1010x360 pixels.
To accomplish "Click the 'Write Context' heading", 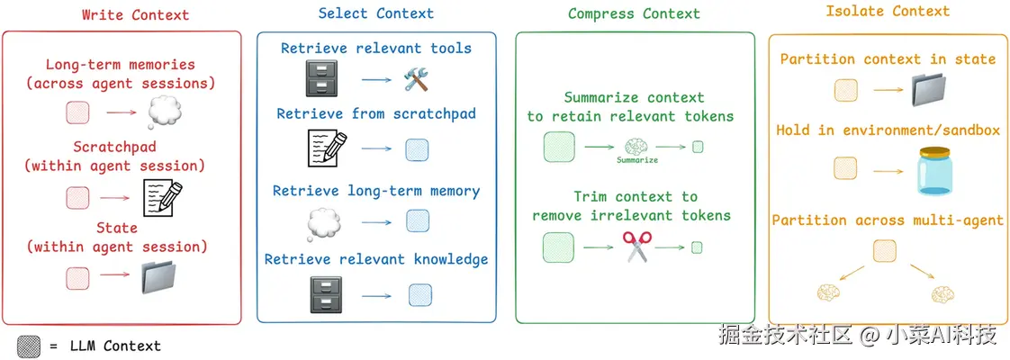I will tap(136, 14).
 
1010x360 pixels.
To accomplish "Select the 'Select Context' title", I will tap(375, 13).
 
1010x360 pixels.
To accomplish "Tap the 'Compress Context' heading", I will tap(634, 13).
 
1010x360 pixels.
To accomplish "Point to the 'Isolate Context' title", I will tap(888, 12).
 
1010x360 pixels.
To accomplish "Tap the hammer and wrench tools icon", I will tap(419, 80).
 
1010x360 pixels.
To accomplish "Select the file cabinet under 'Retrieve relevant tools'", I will tap(322, 81).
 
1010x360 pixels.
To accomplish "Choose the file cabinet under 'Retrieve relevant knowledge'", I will tap(322, 293).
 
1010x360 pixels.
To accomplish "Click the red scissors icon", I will tap(636, 247).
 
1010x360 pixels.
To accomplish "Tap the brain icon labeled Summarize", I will tap(636, 146).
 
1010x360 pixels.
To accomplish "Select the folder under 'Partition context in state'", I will tap(932, 91).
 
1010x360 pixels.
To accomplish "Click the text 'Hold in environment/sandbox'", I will tap(888, 130).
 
